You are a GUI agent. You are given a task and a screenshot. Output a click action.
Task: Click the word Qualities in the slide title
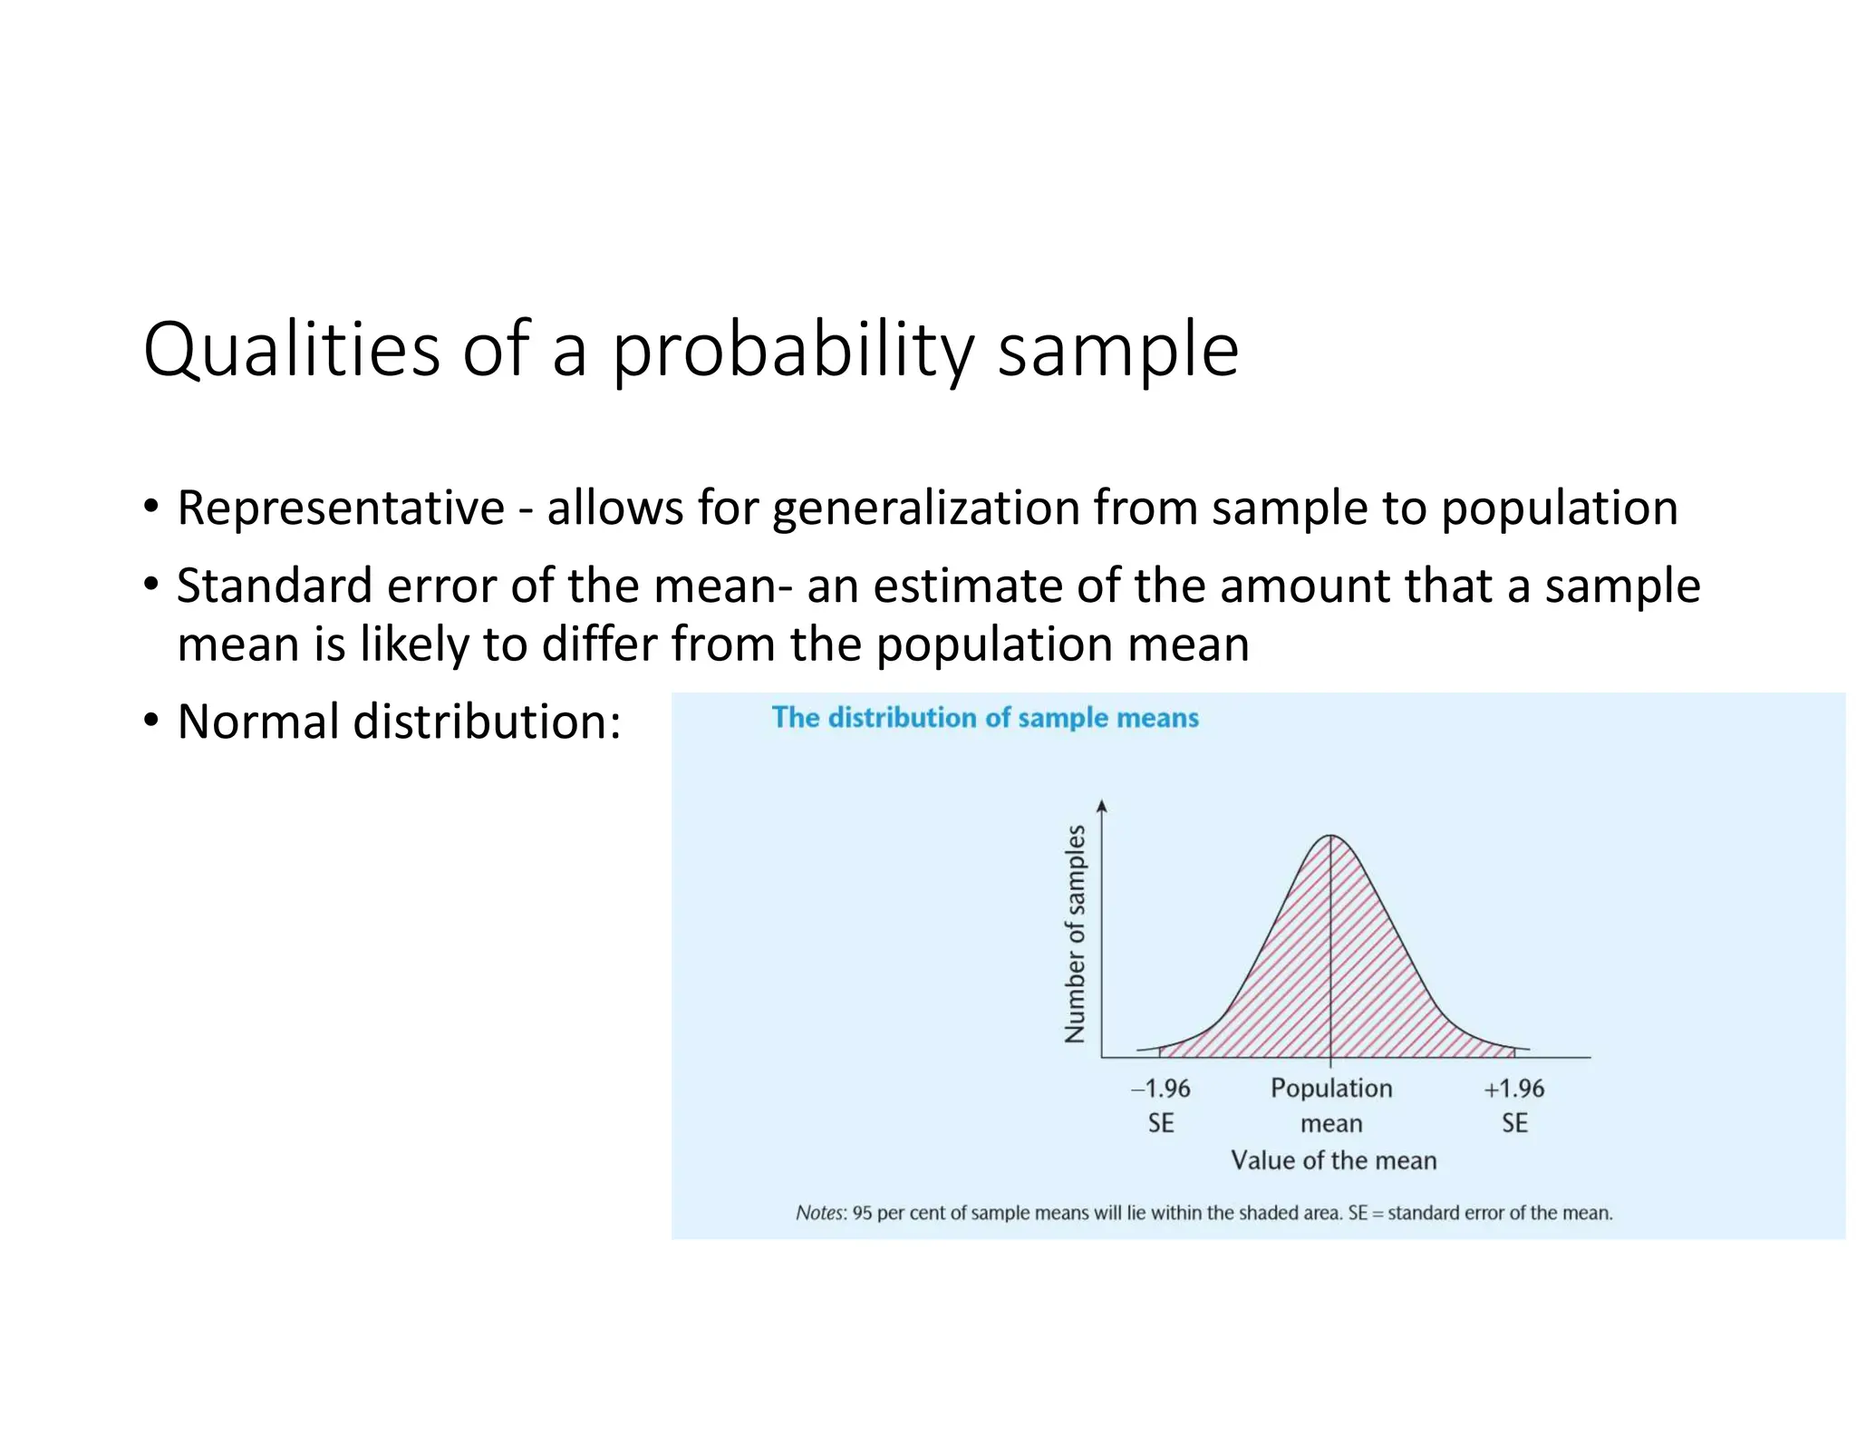coord(291,350)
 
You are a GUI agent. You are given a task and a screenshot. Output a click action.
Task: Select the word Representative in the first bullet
coord(340,508)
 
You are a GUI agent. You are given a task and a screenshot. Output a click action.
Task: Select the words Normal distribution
coord(399,722)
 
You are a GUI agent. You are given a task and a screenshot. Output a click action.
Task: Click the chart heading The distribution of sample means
coord(985,718)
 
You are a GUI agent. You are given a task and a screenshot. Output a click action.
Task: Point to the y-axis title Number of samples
coord(1075,934)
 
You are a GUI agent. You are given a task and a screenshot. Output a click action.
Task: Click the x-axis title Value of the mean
coord(1333,1160)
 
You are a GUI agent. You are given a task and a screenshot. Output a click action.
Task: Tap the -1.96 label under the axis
coord(1161,1089)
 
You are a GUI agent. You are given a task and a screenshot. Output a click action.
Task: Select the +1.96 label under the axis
coord(1513,1089)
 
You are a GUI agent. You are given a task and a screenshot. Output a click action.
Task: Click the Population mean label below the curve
coord(1331,1105)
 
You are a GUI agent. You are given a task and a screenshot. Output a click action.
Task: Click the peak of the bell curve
coord(1330,836)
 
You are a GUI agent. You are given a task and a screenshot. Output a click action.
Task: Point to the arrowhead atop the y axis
coord(1102,806)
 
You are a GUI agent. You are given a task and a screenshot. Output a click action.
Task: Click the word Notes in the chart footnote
coord(820,1213)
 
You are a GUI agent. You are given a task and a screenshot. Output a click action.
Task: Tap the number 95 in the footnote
coord(863,1213)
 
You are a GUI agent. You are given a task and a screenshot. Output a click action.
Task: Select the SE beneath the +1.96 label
coord(1514,1123)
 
